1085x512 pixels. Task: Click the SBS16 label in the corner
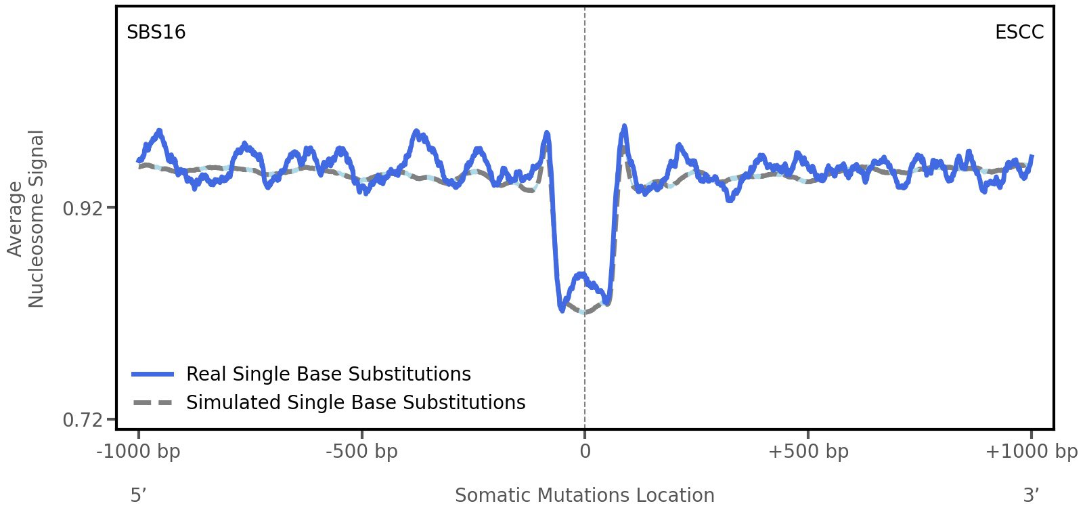click(156, 33)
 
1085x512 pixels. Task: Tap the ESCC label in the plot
click(1019, 33)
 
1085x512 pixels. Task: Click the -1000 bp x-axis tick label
click(139, 452)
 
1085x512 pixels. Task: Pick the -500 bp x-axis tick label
click(361, 452)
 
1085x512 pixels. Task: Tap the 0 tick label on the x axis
click(585, 452)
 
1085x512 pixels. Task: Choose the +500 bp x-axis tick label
click(807, 452)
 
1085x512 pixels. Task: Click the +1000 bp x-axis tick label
click(1031, 452)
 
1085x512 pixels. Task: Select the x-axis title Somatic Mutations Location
click(584, 496)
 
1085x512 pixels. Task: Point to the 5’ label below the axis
click(138, 496)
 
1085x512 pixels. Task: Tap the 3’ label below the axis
click(1030, 496)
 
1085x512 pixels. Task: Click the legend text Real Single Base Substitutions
click(328, 374)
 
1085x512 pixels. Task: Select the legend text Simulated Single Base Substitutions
click(355, 402)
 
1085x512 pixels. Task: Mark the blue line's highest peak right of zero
click(624, 127)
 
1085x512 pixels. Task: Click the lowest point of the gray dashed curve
click(584, 313)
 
